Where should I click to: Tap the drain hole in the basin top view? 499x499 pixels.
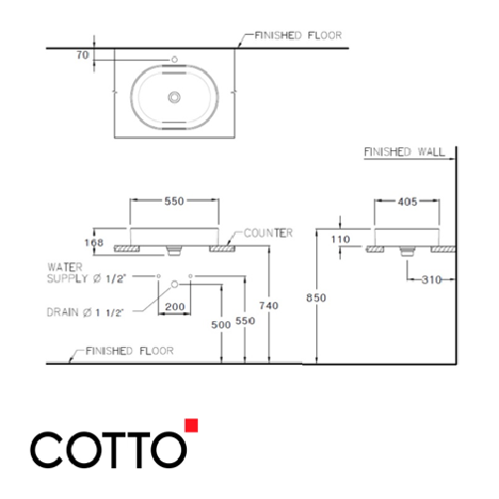coord(175,97)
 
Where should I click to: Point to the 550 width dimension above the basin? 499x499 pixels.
coord(175,201)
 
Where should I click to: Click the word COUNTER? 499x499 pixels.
coord(267,233)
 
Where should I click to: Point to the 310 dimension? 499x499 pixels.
coord(429,280)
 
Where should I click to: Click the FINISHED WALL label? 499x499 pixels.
coord(404,152)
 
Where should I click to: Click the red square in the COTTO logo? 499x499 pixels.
coord(192,426)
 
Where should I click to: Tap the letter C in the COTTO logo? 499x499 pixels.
coord(47,448)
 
